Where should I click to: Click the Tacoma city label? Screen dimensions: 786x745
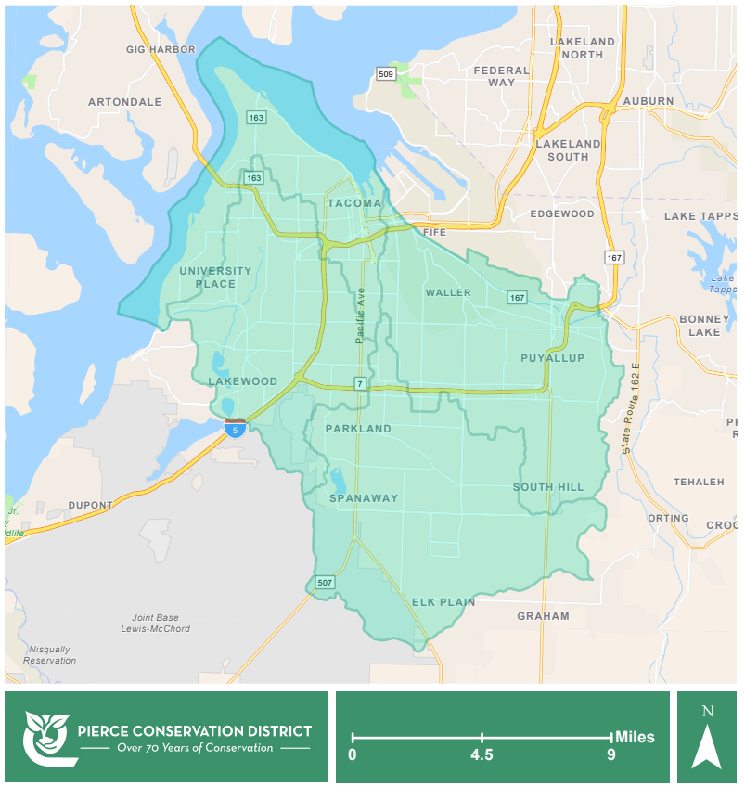tap(353, 203)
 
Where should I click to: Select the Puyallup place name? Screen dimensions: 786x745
tap(552, 358)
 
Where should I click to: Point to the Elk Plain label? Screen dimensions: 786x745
tap(443, 602)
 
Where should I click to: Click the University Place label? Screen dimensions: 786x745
tap(215, 277)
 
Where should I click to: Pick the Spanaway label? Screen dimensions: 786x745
tap(364, 498)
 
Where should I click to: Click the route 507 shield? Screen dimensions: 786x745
tap(324, 583)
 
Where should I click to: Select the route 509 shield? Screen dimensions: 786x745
tap(385, 73)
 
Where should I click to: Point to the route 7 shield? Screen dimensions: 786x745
tap(359, 383)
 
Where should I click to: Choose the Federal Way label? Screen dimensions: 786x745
tap(501, 76)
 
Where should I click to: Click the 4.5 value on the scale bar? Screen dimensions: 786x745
tap(482, 754)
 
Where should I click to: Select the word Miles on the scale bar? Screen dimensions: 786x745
tap(634, 737)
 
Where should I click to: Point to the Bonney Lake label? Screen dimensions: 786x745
tap(704, 325)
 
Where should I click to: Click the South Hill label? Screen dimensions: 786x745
tap(548, 487)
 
